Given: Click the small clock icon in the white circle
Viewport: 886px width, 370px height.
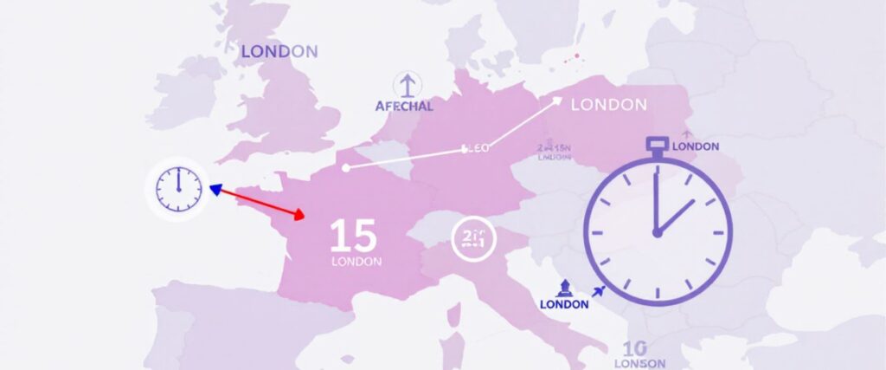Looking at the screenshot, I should tap(177, 188).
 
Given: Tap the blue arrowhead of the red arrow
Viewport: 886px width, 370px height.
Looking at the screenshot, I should tap(215, 189).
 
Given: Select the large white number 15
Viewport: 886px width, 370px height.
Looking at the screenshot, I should tap(353, 236).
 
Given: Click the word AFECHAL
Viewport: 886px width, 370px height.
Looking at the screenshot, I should tap(406, 107).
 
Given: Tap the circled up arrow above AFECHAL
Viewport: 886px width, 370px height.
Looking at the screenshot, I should tap(405, 84).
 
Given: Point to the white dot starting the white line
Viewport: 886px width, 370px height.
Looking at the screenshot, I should tap(346, 168).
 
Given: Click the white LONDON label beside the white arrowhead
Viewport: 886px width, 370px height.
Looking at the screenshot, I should tap(609, 105).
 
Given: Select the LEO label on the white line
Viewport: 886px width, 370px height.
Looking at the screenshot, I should tap(476, 148).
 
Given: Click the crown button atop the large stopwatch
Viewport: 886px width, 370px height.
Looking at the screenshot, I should tap(657, 143).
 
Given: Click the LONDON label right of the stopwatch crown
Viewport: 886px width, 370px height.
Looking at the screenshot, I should tap(696, 146).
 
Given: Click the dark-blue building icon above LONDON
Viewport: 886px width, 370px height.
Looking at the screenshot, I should tap(563, 288).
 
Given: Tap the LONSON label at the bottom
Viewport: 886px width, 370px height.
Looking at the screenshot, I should tap(639, 363).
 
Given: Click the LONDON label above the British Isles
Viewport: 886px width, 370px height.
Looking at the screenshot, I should tap(279, 52).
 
